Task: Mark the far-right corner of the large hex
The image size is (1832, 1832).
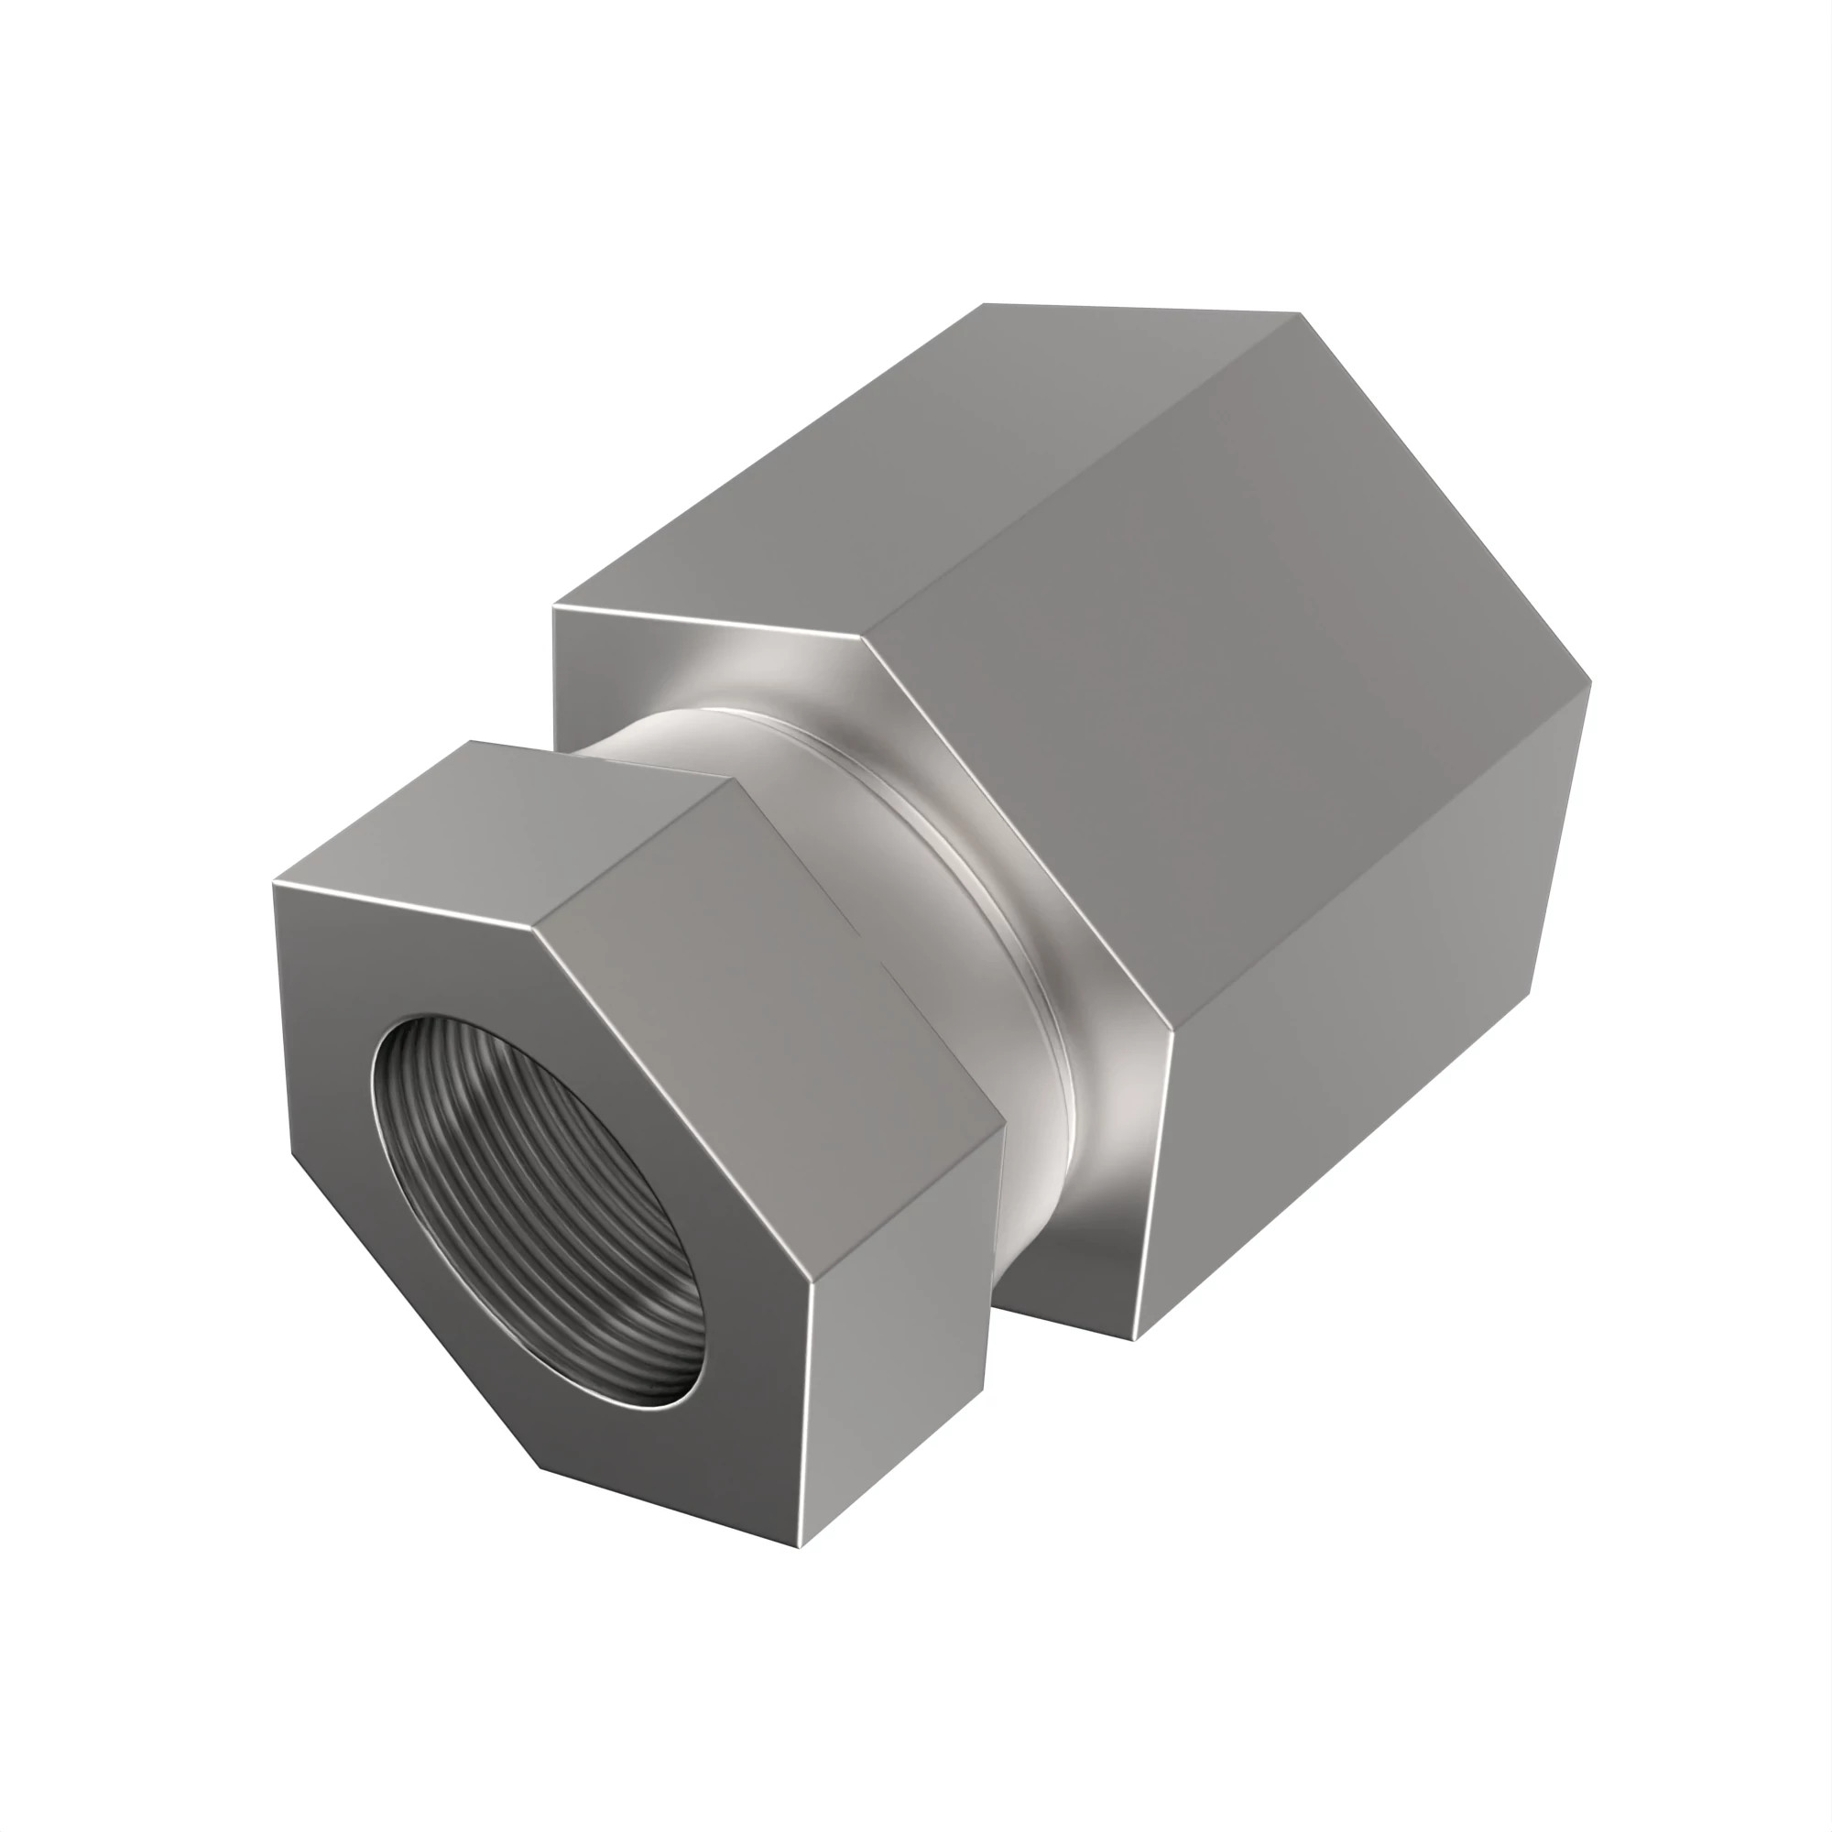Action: [x=1590, y=690]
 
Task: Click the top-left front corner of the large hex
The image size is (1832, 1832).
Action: [x=555, y=605]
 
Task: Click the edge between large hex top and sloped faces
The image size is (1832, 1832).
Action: [x=1081, y=474]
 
